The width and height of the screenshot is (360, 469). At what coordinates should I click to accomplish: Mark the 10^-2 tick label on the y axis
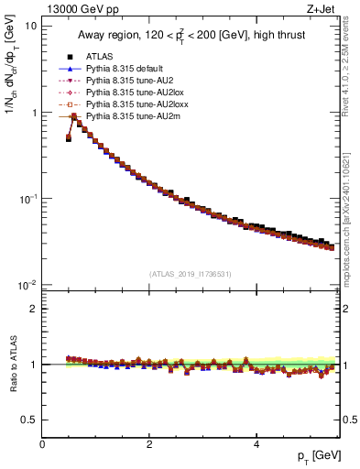[x=26, y=285]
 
